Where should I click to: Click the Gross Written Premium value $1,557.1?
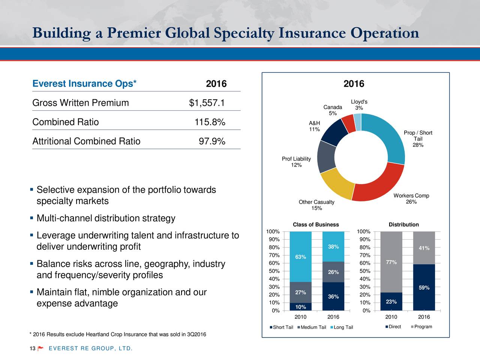click(x=207, y=103)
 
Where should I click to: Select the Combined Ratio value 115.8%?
click(x=210, y=122)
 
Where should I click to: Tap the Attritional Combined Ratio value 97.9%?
click(x=211, y=141)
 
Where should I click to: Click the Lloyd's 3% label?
click(x=359, y=105)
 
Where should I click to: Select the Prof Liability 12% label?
click(x=296, y=162)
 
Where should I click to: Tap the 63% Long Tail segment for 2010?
click(x=301, y=256)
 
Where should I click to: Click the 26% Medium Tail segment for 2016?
click(x=333, y=272)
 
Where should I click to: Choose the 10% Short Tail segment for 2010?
click(x=301, y=307)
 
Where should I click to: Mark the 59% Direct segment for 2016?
click(x=424, y=288)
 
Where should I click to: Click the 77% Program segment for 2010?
click(x=391, y=262)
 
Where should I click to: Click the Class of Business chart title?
click(x=315, y=225)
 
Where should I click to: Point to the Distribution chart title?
click(x=403, y=225)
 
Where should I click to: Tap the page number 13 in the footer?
click(x=32, y=349)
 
